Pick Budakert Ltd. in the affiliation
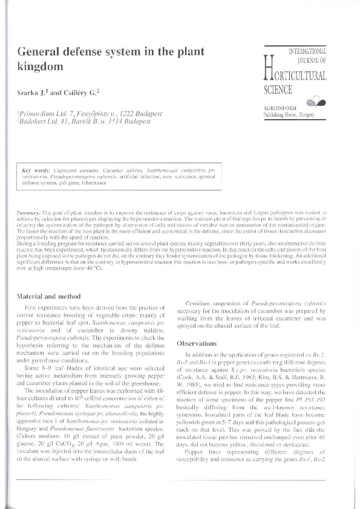40,122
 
